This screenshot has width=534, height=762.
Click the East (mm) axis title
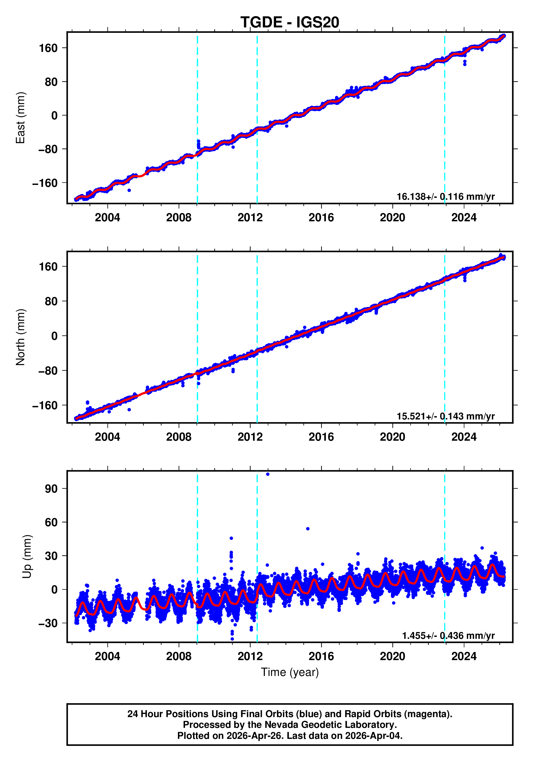tap(21, 118)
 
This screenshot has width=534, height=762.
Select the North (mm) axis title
tap(21, 337)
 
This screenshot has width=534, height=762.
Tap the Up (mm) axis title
tap(27, 557)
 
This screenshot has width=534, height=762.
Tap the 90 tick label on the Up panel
tap(51, 489)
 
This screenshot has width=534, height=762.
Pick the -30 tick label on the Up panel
tap(48, 623)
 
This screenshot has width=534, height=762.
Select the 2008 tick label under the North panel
tap(179, 437)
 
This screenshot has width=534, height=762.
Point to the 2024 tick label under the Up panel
tap(464, 656)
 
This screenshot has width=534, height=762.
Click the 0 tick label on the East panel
tap(54, 116)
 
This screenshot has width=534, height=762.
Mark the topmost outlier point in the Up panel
tap(268, 474)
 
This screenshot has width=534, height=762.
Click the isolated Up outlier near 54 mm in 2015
tap(308, 529)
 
